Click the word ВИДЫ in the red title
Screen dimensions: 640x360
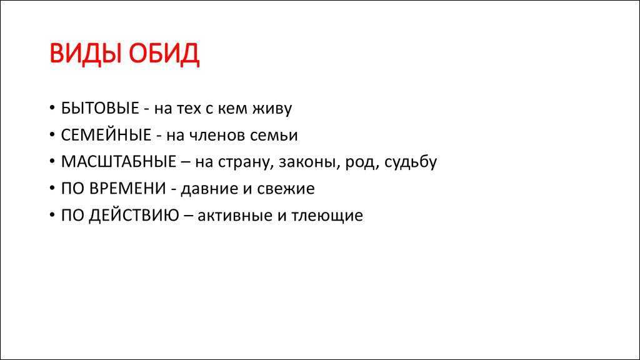(86, 54)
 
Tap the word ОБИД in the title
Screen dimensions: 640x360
(164, 54)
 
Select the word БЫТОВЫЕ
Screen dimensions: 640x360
(100, 108)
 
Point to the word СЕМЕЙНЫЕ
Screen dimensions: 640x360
(106, 135)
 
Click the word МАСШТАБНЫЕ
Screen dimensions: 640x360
(119, 162)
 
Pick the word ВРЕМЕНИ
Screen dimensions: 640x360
(127, 189)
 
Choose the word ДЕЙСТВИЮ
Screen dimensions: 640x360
(134, 216)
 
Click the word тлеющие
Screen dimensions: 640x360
(327, 216)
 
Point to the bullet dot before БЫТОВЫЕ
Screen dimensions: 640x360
(52, 107)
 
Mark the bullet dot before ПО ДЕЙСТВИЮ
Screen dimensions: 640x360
(52, 215)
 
